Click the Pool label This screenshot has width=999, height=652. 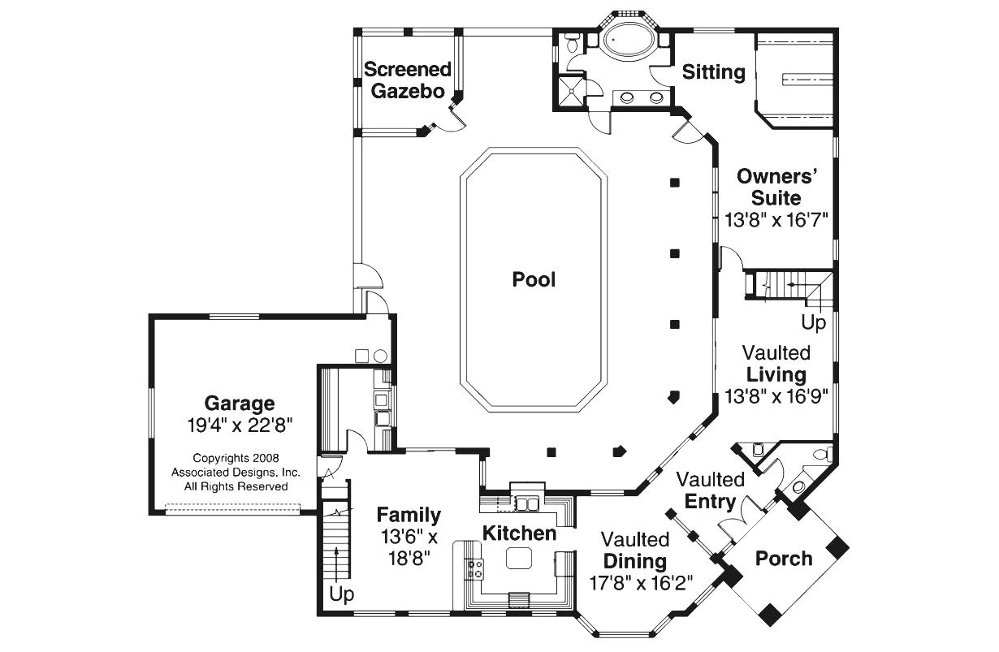534,279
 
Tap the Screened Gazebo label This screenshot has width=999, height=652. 407,80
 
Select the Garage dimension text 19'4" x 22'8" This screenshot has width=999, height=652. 238,424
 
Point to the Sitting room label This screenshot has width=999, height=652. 713,72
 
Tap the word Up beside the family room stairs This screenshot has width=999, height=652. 342,594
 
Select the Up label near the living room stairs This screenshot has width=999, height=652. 813,322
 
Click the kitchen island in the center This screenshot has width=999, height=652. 518,558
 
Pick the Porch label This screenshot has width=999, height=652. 783,559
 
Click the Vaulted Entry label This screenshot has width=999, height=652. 710,490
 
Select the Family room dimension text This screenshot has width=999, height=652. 409,546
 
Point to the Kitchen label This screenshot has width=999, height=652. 520,533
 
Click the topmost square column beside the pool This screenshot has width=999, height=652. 674,183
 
